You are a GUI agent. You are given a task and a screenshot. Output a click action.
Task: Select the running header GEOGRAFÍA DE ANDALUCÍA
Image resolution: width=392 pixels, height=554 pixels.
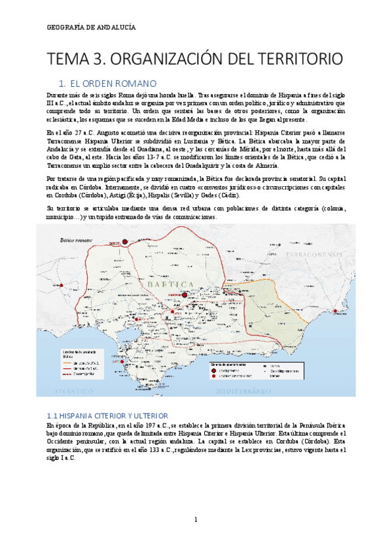[92, 26]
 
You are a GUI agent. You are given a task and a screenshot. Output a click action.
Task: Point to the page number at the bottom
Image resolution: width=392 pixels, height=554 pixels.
[196, 520]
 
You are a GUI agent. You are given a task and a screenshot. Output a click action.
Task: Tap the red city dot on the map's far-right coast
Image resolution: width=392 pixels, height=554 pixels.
[336, 311]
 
